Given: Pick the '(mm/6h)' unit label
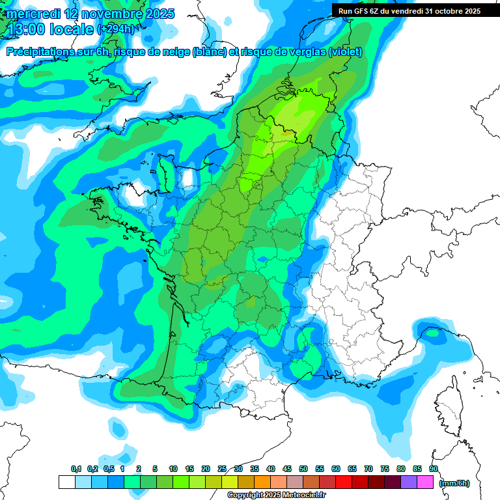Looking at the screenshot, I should tap(454, 483).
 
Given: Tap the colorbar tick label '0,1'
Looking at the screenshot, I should tap(76, 469).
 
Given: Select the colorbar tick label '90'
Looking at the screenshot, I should tap(434, 469).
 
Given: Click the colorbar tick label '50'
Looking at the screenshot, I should tap(303, 469).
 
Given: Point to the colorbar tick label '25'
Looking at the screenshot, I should tap(222, 469).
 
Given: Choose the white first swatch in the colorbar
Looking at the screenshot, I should tap(66, 482).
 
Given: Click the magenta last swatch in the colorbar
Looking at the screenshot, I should tap(425, 482).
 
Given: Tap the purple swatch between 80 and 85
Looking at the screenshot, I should tap(409, 482).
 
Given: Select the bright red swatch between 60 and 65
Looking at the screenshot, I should tap(344, 482).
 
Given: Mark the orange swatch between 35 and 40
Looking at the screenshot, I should tap(262, 482).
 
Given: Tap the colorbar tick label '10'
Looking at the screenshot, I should tap(173, 469).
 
